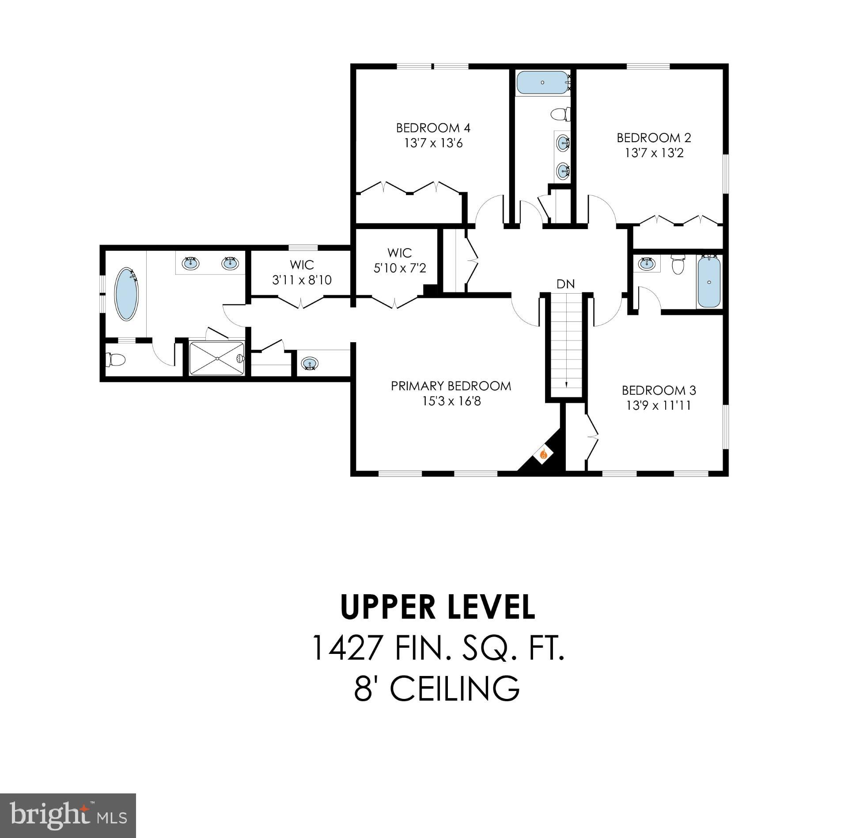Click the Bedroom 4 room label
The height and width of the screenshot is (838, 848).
(433, 128)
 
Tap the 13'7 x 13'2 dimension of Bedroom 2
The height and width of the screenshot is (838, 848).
(654, 153)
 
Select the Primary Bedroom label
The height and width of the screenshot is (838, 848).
(451, 386)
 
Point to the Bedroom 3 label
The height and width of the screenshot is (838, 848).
(659, 390)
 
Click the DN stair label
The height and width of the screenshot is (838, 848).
(566, 284)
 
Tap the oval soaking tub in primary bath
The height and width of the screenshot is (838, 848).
(126, 294)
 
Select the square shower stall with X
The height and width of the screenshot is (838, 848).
(216, 358)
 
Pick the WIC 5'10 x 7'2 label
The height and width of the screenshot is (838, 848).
(400, 260)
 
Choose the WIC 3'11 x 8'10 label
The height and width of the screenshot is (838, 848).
(302, 272)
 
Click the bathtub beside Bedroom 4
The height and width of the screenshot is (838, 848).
(542, 83)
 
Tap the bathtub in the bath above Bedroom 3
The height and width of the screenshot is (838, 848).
(708, 282)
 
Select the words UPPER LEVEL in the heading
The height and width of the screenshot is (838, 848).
(438, 608)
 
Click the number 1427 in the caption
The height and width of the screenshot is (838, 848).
(347, 648)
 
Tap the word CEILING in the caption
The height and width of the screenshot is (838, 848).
(454, 688)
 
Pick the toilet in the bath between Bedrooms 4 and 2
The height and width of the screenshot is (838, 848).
(560, 114)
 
